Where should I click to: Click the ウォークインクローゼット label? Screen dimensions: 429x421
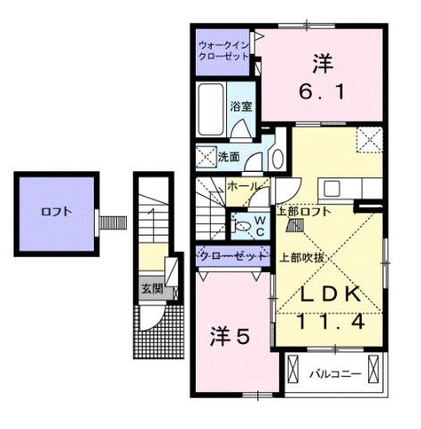pos(224,49)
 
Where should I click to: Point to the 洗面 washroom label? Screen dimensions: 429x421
pos(229,157)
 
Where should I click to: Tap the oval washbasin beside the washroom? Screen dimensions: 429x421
pos(277,159)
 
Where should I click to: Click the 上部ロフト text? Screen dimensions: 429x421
pos(304,211)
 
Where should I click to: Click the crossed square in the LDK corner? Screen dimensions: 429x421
pos(368,141)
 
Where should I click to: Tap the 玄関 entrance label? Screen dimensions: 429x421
pos(150,288)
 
